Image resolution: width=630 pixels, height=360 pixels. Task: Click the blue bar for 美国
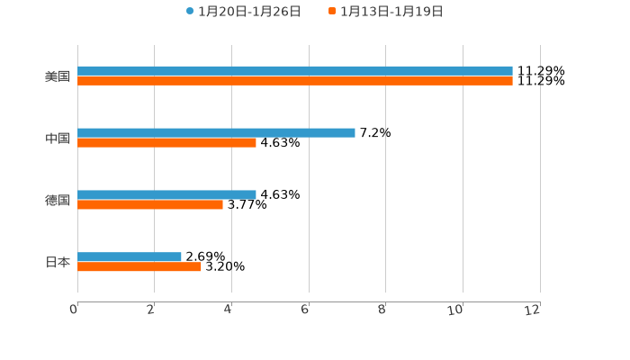pyautogui.click(x=295, y=71)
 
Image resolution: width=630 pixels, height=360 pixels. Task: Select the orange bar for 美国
pyautogui.click(x=295, y=81)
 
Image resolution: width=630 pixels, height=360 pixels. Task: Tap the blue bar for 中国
pyautogui.click(x=216, y=133)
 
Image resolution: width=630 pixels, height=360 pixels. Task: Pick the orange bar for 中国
pyautogui.click(x=166, y=143)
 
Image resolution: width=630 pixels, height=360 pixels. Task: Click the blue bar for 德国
pyautogui.click(x=166, y=195)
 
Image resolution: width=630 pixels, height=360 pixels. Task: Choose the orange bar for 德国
pyautogui.click(x=150, y=205)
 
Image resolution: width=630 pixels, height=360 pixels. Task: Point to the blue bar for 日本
pyautogui.click(x=130, y=257)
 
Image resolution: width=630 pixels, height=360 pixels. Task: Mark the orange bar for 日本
pyautogui.click(x=139, y=267)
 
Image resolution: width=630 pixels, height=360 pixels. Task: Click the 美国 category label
pyautogui.click(x=58, y=76)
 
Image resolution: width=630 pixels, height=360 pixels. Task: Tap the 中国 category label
pyautogui.click(x=58, y=139)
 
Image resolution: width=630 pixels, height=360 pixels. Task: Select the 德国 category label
pyautogui.click(x=58, y=201)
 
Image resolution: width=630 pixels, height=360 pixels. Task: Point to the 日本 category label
pyautogui.click(x=58, y=263)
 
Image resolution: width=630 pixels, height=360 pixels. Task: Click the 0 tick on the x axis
pyautogui.click(x=75, y=310)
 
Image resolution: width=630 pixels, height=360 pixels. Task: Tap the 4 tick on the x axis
pyautogui.click(x=229, y=310)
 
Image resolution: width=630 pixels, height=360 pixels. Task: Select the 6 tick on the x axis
pyautogui.click(x=306, y=310)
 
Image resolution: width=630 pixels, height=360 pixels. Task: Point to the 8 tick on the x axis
pyautogui.click(x=382, y=310)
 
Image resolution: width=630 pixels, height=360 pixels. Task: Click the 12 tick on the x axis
pyautogui.click(x=534, y=310)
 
